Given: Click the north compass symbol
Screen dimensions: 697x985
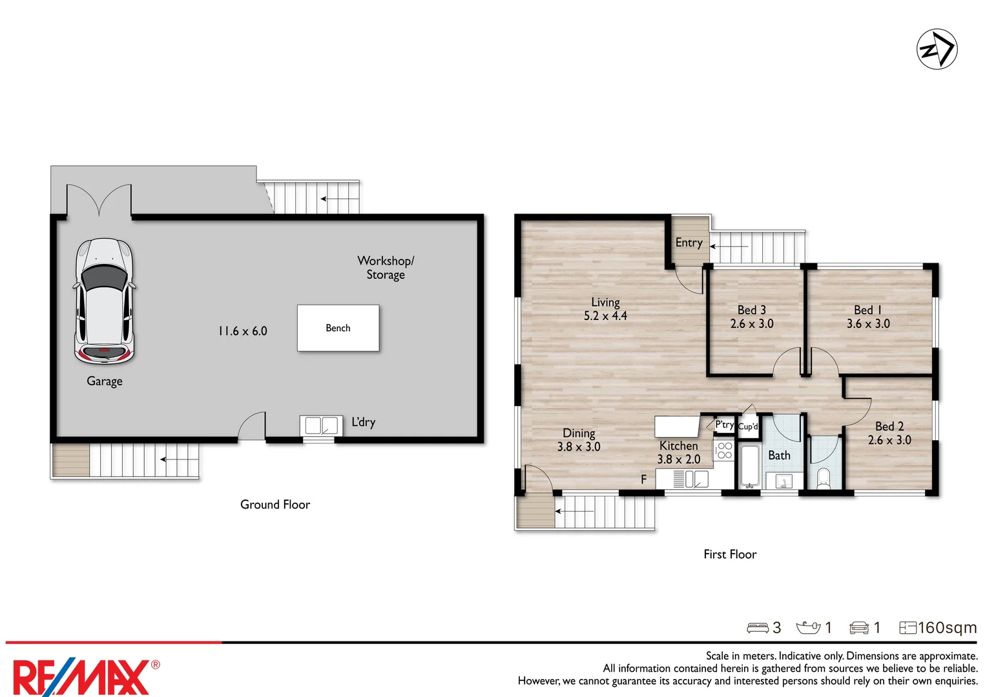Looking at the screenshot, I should (937, 49).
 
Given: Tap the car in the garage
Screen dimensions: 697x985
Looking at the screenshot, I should (104, 301).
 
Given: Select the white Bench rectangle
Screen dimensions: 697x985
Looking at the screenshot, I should (338, 328).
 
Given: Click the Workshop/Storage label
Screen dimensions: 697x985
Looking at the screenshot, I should (386, 267).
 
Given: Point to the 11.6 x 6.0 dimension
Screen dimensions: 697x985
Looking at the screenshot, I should (243, 331).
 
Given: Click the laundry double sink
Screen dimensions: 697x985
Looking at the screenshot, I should (321, 425).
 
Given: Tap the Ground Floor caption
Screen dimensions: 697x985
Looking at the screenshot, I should (275, 505).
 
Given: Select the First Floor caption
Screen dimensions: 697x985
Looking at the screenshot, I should (730, 554).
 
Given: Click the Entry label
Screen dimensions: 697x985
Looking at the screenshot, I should (689, 243).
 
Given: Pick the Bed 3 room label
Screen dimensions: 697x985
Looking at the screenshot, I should (751, 310).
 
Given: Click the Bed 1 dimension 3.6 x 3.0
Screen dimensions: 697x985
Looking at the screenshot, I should (868, 324).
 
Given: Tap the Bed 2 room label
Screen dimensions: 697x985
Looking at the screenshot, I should (889, 427).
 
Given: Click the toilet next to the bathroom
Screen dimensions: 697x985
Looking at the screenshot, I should (824, 478).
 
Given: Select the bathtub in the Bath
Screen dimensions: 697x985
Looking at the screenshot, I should (749, 466).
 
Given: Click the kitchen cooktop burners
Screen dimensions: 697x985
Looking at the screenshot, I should (724, 450).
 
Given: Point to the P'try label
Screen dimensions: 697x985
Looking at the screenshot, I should (724, 425).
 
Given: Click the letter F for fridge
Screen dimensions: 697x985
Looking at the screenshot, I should (643, 480).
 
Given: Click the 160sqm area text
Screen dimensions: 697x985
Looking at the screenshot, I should (946, 628).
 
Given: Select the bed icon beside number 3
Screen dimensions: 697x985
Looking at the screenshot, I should (757, 628).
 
